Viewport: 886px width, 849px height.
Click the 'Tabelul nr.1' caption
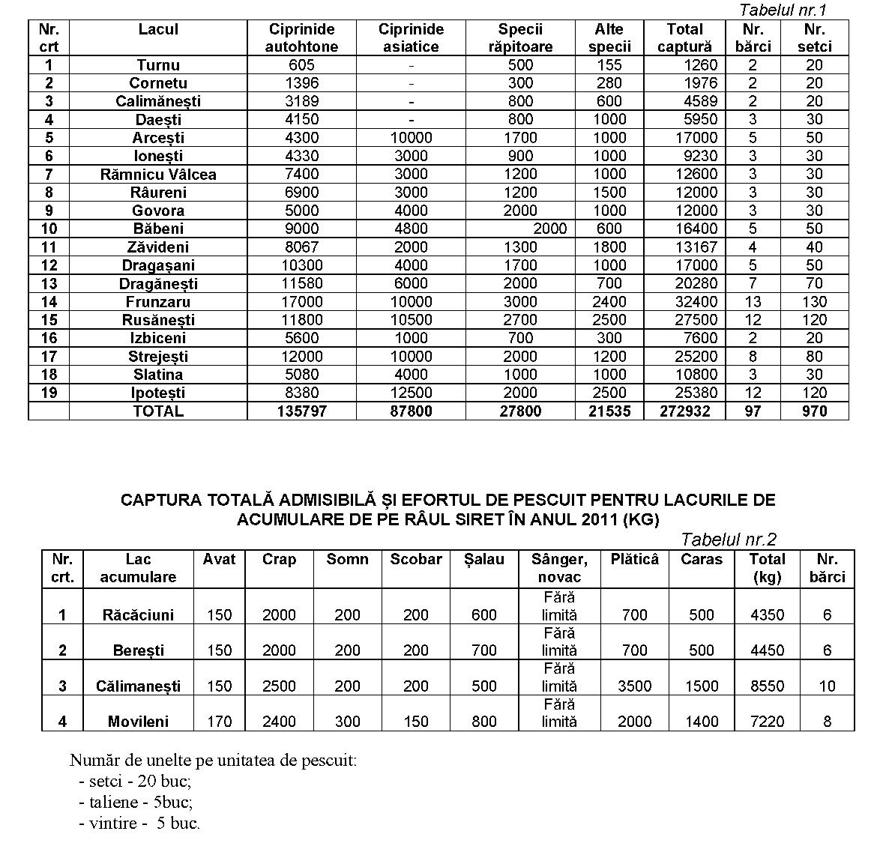click(782, 10)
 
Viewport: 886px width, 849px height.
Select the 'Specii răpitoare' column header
click(520, 38)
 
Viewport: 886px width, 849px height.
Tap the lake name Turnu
click(158, 65)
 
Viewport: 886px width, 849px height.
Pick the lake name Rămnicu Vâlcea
click(158, 175)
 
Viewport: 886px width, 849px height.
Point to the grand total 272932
click(684, 411)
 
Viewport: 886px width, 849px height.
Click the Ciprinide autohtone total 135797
click(301, 411)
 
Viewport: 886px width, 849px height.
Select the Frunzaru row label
click(158, 302)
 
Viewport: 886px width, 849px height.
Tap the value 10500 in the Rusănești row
click(411, 320)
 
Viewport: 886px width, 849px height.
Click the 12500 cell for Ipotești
click(411, 393)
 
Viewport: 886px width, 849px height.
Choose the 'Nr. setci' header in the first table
click(814, 38)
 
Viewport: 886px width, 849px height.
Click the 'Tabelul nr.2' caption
click(729, 539)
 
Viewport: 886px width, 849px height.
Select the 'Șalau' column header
click(484, 560)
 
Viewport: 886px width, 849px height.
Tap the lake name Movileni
click(138, 722)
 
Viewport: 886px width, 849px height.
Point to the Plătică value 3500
click(634, 686)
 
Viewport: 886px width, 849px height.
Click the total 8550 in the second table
click(767, 686)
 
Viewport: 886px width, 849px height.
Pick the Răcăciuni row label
click(138, 615)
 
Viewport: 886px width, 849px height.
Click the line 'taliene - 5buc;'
click(135, 803)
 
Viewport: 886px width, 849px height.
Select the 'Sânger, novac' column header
click(559, 568)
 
